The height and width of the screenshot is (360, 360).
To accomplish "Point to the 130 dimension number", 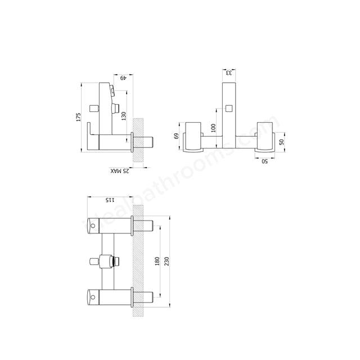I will coord(123,115).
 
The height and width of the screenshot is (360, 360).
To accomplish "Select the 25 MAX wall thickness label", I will coord(120,170).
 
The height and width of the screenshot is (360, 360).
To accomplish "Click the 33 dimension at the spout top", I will coord(229,72).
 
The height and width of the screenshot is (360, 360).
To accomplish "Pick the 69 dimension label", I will coord(176,136).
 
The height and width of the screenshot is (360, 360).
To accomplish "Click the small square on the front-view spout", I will coord(229,107).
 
